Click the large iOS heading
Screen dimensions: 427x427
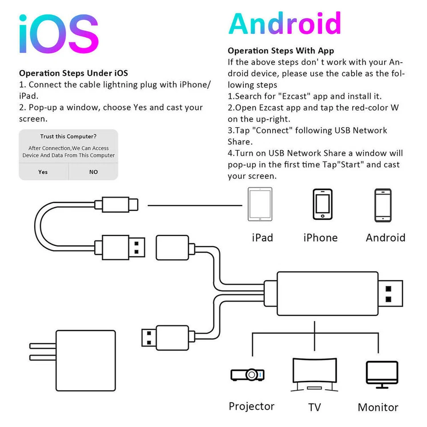(x=58, y=35)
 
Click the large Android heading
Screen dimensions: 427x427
(x=285, y=24)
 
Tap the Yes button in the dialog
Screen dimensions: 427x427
(x=43, y=172)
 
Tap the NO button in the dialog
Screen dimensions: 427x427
(x=93, y=172)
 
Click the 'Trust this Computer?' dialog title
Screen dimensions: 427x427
(x=68, y=137)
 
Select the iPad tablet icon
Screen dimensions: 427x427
(x=260, y=204)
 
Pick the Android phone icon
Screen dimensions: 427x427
(x=383, y=205)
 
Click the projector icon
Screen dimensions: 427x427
(x=248, y=375)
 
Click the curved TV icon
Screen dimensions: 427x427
(x=314, y=374)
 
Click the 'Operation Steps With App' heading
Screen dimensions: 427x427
(x=281, y=51)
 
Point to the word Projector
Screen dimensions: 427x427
(x=251, y=406)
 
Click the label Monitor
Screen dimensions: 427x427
(x=378, y=407)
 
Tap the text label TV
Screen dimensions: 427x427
(x=314, y=407)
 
